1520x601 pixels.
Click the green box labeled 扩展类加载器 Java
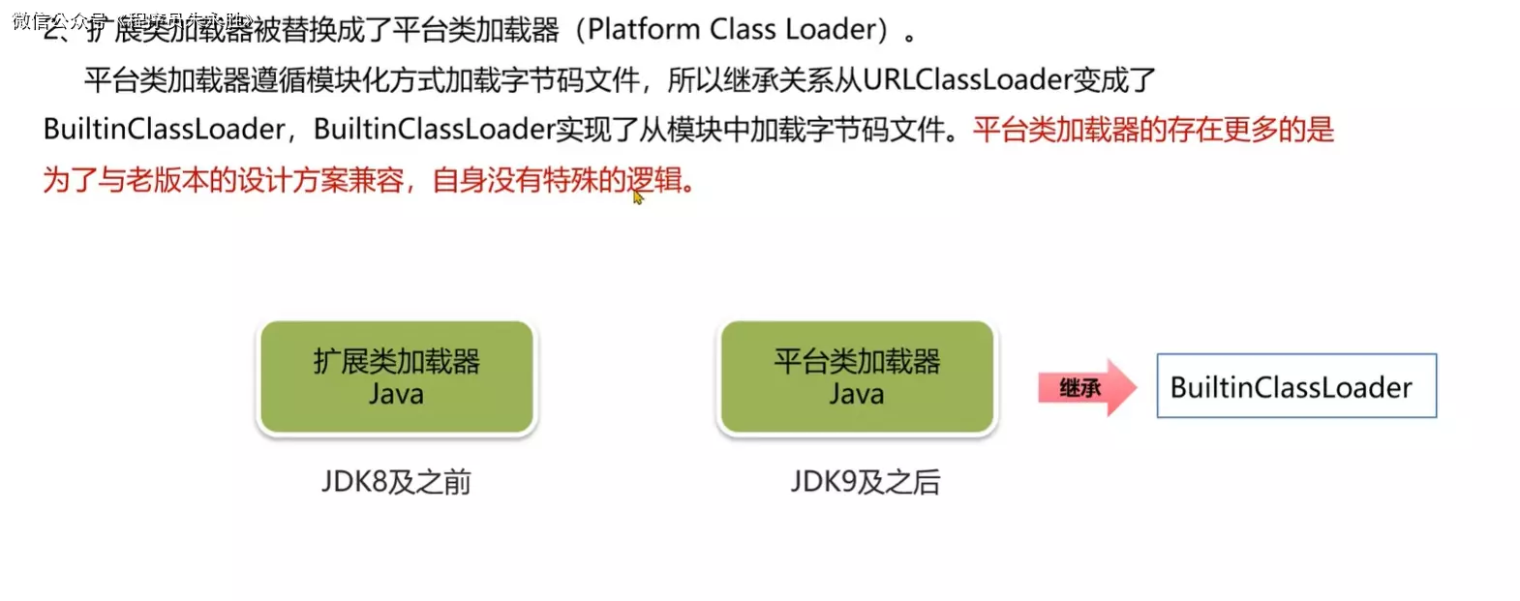pyautogui.click(x=396, y=377)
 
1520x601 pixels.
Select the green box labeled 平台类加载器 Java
pyautogui.click(x=857, y=377)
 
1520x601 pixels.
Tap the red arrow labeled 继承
pyautogui.click(x=1085, y=388)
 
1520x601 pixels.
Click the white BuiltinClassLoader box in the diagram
pyautogui.click(x=1295, y=386)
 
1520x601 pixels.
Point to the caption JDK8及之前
pyautogui.click(x=396, y=481)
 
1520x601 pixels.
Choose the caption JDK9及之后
pyautogui.click(x=865, y=481)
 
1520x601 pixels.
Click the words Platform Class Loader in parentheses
pyautogui.click(x=737, y=30)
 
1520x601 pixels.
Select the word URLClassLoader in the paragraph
pyautogui.click(x=966, y=79)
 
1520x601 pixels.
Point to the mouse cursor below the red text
pyautogui.click(x=637, y=197)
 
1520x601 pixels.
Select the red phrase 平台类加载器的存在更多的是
pyautogui.click(x=1153, y=130)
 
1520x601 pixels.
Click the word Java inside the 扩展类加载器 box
pyautogui.click(x=396, y=395)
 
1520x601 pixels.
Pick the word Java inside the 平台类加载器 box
pyautogui.click(x=857, y=395)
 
